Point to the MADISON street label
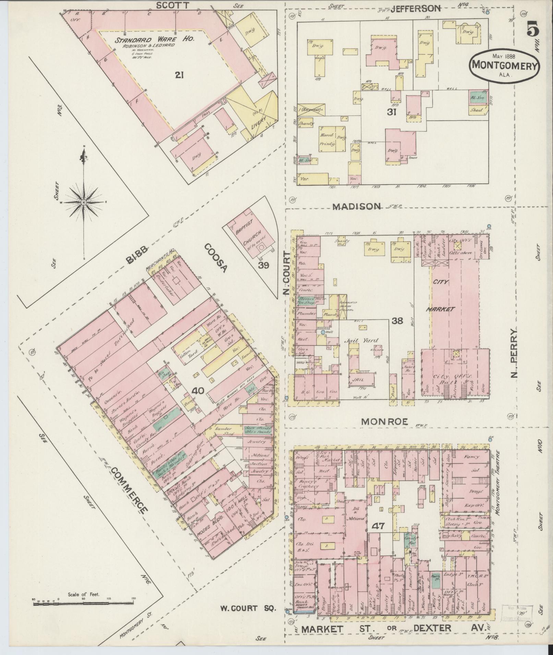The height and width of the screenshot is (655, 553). tap(357, 206)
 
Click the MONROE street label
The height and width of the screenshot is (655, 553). tap(385, 422)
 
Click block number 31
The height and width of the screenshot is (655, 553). tap(392, 112)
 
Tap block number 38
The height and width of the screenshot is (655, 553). tap(398, 321)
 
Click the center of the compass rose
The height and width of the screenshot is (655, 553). tap(83, 203)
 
